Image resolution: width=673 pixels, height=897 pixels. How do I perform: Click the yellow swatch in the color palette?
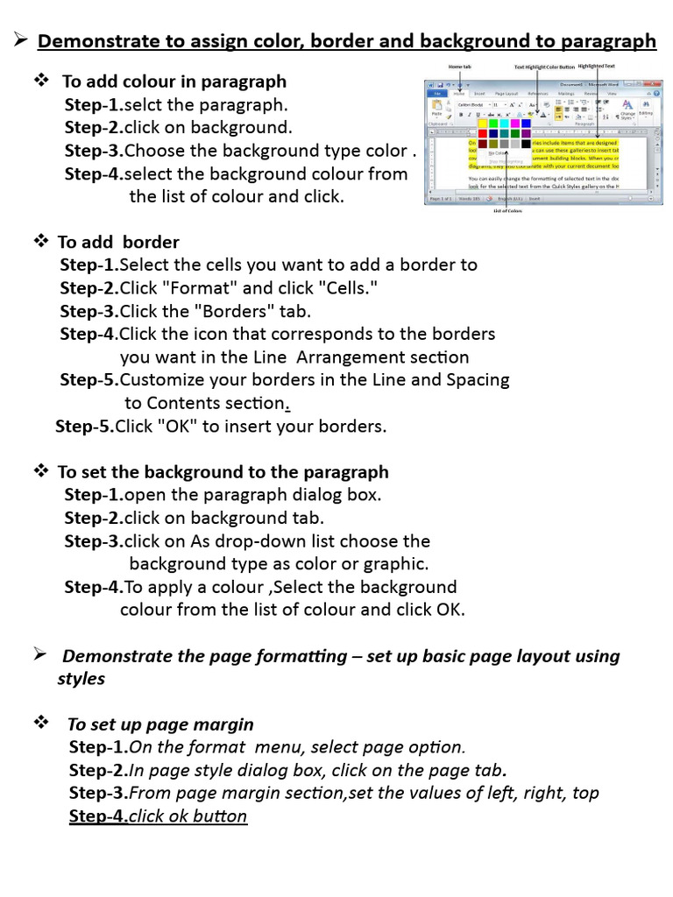(x=482, y=123)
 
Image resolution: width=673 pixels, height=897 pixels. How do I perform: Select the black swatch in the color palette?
(x=526, y=143)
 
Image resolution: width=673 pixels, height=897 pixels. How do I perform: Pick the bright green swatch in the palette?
(x=493, y=123)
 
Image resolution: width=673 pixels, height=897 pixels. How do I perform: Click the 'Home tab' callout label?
(x=460, y=67)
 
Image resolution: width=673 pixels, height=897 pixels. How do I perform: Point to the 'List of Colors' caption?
(x=507, y=211)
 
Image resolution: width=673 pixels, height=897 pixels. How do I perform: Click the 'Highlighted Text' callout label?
(x=597, y=66)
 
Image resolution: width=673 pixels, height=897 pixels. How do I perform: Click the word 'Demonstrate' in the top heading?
(x=94, y=41)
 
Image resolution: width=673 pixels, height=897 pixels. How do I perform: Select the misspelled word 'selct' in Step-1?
(x=144, y=105)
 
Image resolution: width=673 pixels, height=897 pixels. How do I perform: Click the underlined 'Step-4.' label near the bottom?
(x=98, y=816)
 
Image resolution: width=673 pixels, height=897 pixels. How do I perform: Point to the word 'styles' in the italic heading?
(x=81, y=679)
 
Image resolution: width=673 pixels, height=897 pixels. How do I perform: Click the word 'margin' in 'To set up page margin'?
(x=225, y=724)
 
